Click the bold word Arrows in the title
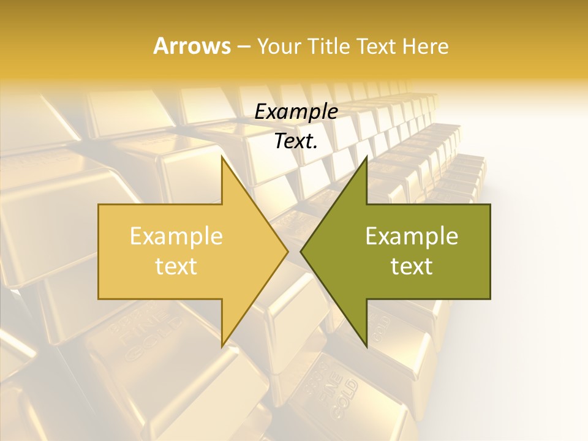(192, 46)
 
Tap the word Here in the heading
(425, 47)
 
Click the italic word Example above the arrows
(296, 111)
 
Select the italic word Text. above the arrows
(296, 141)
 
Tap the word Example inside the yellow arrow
(176, 236)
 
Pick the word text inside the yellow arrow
(176, 266)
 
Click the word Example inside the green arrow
(412, 236)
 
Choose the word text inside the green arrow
(412, 266)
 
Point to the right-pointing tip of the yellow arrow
(288, 251)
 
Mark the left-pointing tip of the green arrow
(301, 251)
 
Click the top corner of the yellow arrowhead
(222, 157)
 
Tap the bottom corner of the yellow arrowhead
(222, 346)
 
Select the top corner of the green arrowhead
(366, 157)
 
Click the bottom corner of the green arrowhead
(366, 346)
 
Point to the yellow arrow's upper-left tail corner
(99, 205)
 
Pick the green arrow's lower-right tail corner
(490, 299)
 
